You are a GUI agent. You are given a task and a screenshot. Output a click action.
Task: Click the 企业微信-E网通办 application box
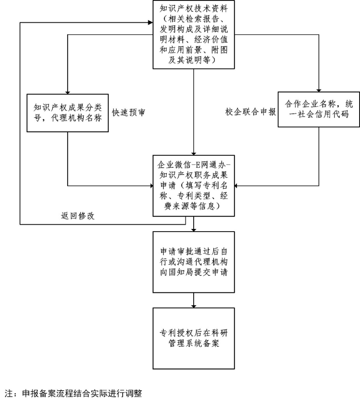click(193, 186)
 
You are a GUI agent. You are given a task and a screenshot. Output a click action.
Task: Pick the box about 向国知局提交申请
click(193, 262)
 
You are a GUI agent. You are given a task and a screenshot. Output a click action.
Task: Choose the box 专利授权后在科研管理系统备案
click(193, 338)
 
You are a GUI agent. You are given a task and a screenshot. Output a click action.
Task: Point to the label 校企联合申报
click(256, 112)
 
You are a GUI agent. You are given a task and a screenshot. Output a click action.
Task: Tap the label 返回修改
click(77, 216)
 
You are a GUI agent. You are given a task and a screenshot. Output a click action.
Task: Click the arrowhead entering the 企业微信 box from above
click(193, 151)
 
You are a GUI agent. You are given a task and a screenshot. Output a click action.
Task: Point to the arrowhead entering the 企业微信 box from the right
click(237, 186)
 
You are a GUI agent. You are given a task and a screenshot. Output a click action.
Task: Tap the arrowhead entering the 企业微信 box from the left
click(150, 186)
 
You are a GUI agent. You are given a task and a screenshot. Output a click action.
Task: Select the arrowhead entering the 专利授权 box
click(193, 304)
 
